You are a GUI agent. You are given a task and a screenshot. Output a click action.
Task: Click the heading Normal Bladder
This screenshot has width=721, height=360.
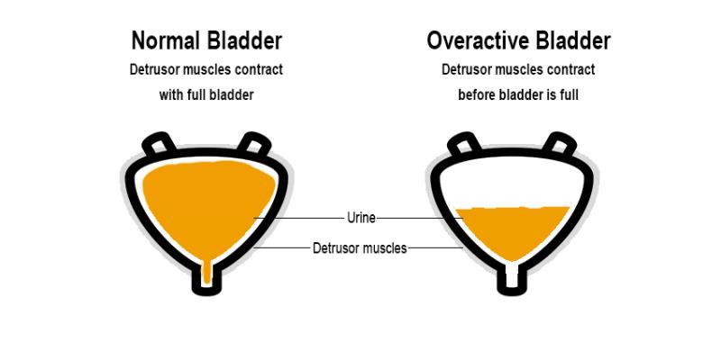(206, 40)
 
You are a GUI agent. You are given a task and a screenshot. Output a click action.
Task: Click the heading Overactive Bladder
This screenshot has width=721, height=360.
(517, 40)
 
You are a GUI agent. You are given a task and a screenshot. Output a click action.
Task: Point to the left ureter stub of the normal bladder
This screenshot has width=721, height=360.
(159, 143)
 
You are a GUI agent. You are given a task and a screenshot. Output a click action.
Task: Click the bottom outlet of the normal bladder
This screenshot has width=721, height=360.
(207, 280)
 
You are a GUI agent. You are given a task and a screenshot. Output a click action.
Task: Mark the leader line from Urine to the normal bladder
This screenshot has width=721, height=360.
(302, 217)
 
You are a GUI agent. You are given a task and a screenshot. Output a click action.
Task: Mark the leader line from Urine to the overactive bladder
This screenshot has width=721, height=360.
(419, 217)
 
